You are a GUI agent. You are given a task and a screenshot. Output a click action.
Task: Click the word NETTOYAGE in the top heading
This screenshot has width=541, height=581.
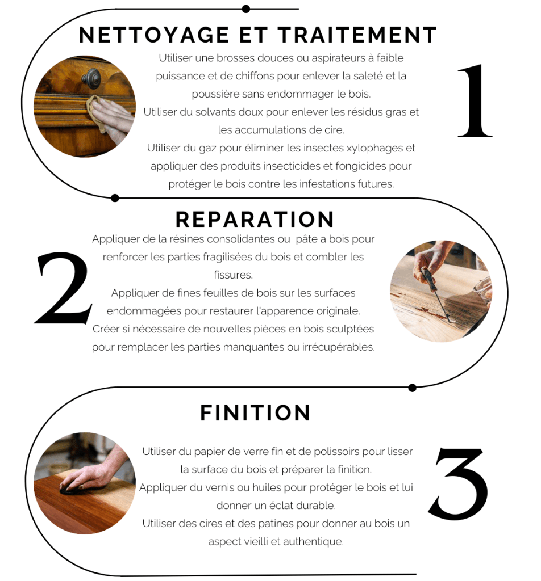(154, 35)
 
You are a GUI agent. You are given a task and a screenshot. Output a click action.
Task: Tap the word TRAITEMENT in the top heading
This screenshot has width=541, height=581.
(357, 35)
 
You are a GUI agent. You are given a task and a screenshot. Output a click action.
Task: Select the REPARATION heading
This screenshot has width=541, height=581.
(255, 220)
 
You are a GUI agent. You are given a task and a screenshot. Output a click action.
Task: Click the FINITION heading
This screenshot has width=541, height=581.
(255, 413)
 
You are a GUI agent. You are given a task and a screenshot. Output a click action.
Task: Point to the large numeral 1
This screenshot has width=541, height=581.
(475, 101)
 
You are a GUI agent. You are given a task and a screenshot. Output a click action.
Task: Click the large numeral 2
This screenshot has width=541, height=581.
(63, 288)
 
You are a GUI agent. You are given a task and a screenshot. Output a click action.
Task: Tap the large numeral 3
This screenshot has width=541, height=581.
(458, 483)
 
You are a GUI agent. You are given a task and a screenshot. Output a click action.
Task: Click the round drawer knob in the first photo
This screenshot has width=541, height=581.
(91, 78)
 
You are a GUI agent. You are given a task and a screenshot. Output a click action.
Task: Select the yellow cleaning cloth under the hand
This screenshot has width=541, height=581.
(95, 111)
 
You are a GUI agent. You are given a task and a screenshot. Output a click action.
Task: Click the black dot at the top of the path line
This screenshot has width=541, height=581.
(245, 9)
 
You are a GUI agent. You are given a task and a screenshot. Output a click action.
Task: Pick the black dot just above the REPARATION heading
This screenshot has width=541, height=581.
(115, 198)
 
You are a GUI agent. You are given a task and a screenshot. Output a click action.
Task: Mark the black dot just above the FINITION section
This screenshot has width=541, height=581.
(412, 388)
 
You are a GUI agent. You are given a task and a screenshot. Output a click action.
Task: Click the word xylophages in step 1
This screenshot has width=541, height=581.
(374, 149)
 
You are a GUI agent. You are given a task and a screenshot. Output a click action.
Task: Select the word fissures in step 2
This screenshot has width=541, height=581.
(233, 275)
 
